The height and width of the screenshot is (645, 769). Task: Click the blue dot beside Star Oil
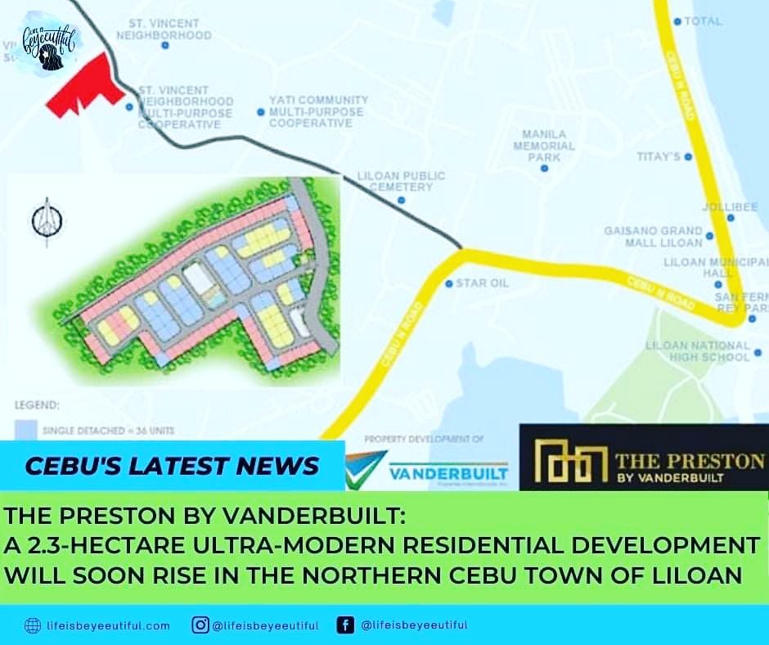pos(448,284)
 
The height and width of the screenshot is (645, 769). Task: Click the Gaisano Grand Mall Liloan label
pos(653,237)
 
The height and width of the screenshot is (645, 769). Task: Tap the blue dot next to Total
pos(677,21)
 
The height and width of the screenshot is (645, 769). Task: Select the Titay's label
pos(659,156)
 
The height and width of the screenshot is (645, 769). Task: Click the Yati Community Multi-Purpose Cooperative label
pos(318,111)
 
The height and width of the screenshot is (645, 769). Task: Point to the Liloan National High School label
pos(697,351)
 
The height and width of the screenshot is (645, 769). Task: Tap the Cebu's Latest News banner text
pos(171,467)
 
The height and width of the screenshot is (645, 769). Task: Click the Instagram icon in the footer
pos(200,625)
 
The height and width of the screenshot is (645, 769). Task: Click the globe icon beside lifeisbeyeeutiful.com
pos(32,625)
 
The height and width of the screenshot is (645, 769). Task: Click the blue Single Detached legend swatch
pos(24,430)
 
